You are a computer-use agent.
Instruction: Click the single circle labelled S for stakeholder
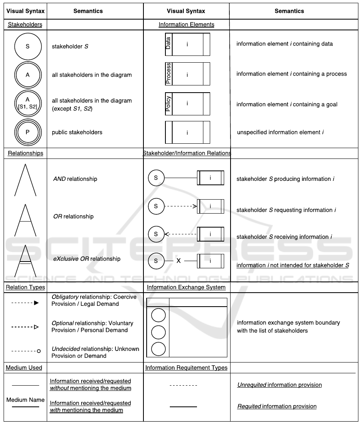tap(28, 46)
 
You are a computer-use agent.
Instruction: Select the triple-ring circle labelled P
tap(28, 132)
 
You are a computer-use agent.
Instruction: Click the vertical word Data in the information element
tap(168, 44)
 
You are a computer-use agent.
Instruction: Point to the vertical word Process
tap(168, 73)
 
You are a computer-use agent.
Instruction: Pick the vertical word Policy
tap(168, 104)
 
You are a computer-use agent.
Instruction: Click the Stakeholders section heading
tap(25, 24)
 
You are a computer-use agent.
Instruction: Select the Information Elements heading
tap(186, 24)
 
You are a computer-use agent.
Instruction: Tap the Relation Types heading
tap(25, 287)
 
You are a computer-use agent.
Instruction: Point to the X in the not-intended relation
tap(179, 261)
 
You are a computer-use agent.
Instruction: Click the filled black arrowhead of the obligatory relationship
tap(36, 303)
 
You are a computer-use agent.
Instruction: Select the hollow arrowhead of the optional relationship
tap(36, 327)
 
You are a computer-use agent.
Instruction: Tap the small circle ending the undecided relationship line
tap(39, 351)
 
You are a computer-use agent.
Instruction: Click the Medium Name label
tap(25, 400)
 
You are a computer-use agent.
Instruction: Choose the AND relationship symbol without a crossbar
tap(26, 180)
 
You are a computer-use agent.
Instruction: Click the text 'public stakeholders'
tap(77, 132)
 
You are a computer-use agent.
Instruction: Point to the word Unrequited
tap(251, 385)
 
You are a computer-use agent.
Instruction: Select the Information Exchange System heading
tap(186, 287)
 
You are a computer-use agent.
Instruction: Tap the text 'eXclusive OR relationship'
tap(87, 259)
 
